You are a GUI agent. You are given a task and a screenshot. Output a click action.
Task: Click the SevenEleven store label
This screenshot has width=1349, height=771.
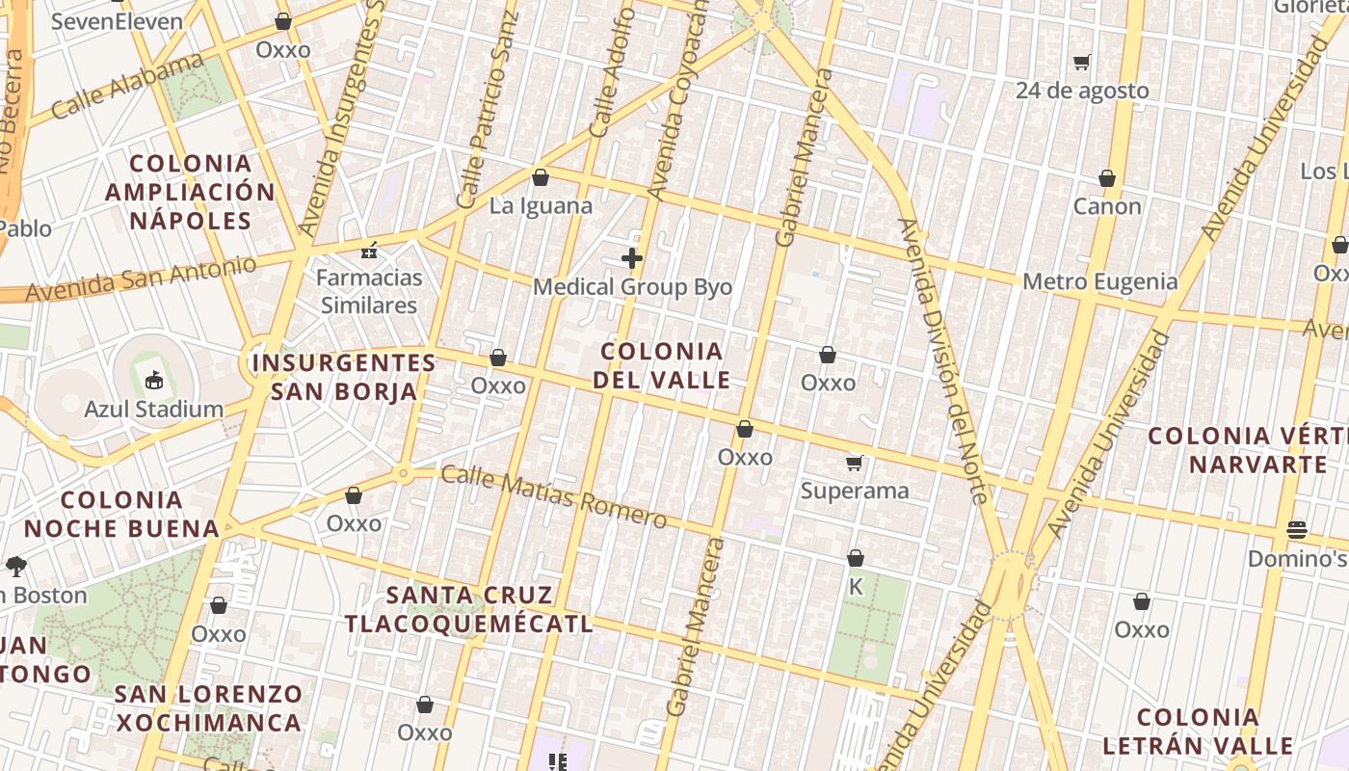(116, 21)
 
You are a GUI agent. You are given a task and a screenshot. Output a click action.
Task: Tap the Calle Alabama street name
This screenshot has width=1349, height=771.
(127, 88)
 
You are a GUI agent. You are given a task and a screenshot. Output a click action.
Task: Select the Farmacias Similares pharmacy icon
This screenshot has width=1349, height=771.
(368, 252)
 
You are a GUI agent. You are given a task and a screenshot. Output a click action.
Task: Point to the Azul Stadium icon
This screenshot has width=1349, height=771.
(153, 380)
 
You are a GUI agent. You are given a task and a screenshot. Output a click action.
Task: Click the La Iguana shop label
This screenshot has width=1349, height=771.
(541, 205)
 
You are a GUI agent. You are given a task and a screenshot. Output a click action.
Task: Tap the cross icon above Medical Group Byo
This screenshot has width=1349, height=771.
(632, 258)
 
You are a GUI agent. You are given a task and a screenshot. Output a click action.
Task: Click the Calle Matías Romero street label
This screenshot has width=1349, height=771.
(553, 497)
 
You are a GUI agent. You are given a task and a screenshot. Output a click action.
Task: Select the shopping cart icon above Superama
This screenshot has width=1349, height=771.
(854, 464)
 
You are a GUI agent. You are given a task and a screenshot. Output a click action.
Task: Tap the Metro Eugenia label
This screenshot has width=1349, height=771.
(1099, 281)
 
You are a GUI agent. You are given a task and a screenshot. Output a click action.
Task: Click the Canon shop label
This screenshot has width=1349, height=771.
(1107, 206)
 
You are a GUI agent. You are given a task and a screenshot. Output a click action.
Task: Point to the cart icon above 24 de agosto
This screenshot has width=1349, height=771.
(1082, 63)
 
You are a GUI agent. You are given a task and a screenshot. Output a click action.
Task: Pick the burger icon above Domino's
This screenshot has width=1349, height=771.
(1296, 530)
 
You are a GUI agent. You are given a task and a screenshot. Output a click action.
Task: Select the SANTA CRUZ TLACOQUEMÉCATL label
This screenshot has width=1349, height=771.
(469, 609)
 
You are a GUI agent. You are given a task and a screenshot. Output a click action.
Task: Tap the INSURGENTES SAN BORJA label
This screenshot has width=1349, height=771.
(344, 377)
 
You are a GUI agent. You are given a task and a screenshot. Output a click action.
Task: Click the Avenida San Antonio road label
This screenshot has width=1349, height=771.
(142, 279)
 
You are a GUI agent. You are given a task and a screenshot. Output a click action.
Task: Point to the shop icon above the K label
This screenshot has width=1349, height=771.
(855, 558)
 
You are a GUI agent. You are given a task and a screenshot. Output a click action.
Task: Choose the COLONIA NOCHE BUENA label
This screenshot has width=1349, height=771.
(121, 514)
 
